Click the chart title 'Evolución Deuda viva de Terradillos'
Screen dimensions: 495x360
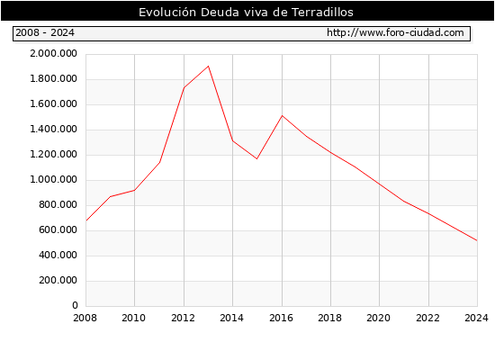pyautogui.click(x=246, y=12)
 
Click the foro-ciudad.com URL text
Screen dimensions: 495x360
pyautogui.click(x=395, y=32)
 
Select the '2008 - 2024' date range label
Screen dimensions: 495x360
pyautogui.click(x=45, y=32)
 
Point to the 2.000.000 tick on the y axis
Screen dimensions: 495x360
pyautogui.click(x=53, y=53)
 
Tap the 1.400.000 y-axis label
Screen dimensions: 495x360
pyautogui.click(x=53, y=129)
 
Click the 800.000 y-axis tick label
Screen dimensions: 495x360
pyautogui.click(x=58, y=204)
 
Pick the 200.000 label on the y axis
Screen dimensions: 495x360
pyautogui.click(x=58, y=280)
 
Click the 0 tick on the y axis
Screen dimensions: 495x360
pyautogui.click(x=75, y=305)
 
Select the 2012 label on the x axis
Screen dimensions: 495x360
pyautogui.click(x=183, y=318)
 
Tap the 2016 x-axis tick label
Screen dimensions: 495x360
pyautogui.click(x=282, y=318)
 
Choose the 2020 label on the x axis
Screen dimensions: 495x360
pyautogui.click(x=379, y=318)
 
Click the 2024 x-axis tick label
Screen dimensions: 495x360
pyautogui.click(x=477, y=318)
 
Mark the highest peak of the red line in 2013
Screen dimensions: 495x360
pyautogui.click(x=209, y=66)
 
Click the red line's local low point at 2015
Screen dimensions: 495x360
pyautogui.click(x=257, y=158)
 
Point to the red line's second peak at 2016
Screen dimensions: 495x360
pyautogui.click(x=282, y=115)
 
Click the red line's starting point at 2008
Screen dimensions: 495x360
pyautogui.click(x=86, y=220)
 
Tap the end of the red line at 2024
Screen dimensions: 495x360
pyautogui.click(x=477, y=240)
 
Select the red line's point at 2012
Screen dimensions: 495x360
pyautogui.click(x=184, y=87)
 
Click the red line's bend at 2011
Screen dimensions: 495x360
pyautogui.click(x=159, y=162)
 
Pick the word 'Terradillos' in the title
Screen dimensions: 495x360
pyautogui.click(x=322, y=12)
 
